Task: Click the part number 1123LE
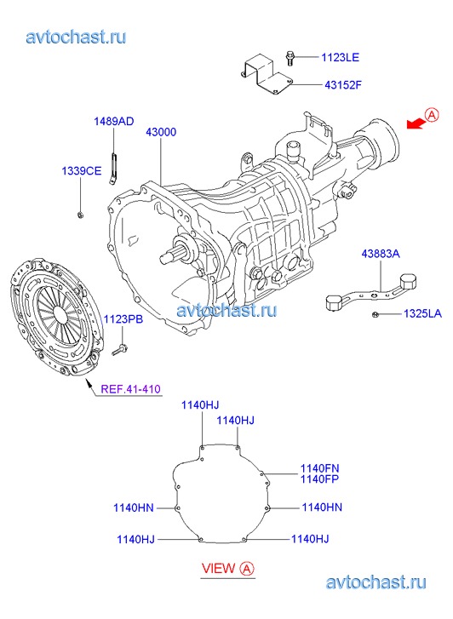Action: click(340, 57)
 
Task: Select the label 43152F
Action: click(343, 85)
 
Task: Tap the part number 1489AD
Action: click(114, 121)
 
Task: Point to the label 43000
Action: click(161, 132)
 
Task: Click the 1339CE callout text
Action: click(82, 171)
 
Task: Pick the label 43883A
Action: click(381, 254)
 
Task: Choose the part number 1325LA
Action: click(422, 314)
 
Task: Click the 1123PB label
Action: click(123, 319)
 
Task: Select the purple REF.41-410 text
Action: click(131, 389)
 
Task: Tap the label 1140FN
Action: click(319, 468)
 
